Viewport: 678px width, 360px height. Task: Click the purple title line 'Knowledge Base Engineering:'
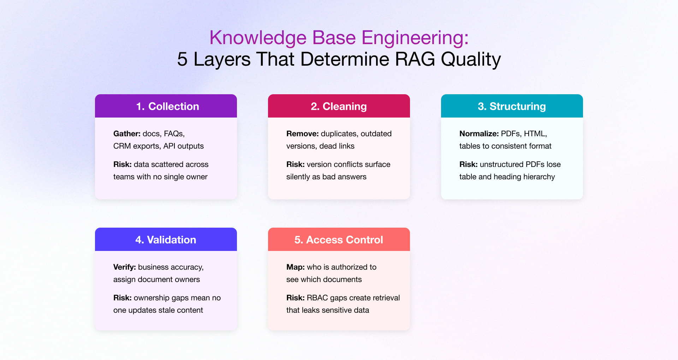coord(339,37)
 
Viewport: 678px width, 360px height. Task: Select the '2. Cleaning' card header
coord(339,106)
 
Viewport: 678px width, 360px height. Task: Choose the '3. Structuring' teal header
coord(512,106)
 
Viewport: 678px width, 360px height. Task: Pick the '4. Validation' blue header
coord(166,239)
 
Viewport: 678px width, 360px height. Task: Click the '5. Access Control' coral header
coord(339,239)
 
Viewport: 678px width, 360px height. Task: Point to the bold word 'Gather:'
coord(127,134)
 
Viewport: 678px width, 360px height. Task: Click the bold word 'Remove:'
coord(302,134)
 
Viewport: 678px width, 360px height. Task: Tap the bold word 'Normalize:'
coord(479,134)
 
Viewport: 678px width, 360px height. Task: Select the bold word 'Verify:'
coord(124,267)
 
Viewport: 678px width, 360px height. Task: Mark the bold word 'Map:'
coord(295,267)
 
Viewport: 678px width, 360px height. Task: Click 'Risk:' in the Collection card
coord(122,164)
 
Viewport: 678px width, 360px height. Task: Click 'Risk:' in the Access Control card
coord(295,298)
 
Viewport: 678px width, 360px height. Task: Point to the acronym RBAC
coord(317,298)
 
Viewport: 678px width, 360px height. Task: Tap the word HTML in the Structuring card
coord(535,134)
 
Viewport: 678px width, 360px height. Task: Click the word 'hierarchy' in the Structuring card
coord(539,177)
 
